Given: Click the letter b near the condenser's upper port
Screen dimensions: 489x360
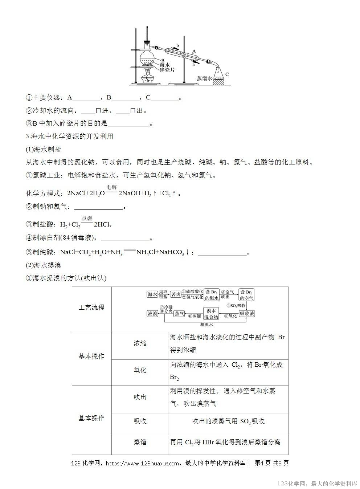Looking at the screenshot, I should pyautogui.click(x=177, y=45).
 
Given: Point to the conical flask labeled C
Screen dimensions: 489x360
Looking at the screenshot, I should pyautogui.click(x=218, y=74).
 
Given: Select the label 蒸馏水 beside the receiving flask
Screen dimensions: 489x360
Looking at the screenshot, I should pyautogui.click(x=204, y=78).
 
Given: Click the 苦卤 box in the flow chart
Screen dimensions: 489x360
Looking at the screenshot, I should pyautogui.click(x=176, y=294).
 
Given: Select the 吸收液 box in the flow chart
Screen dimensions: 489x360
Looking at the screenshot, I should pyautogui.click(x=247, y=313).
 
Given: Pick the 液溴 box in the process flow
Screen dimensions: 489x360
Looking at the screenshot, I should pyautogui.click(x=152, y=313).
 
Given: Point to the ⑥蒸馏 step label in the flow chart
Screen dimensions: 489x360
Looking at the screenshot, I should pyautogui.click(x=195, y=316).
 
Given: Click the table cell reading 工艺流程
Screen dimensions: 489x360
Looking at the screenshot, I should pyautogui.click(x=91, y=307).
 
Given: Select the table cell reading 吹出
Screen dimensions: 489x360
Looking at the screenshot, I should pyautogui.click(x=140, y=397).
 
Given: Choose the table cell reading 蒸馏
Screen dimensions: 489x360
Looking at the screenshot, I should pyautogui.click(x=140, y=442).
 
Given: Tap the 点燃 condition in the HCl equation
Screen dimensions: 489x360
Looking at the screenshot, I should pyautogui.click(x=87, y=218).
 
